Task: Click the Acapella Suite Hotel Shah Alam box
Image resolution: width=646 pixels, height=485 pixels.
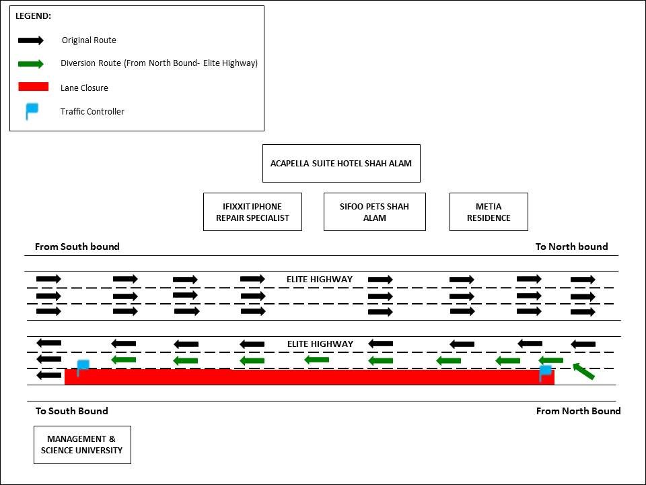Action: [341, 163]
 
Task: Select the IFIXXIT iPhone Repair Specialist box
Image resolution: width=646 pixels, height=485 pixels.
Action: [252, 212]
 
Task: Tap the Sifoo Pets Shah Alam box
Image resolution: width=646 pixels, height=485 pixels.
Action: [375, 212]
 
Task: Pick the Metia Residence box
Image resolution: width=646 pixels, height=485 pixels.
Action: [489, 212]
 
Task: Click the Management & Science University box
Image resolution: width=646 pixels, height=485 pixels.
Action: [82, 445]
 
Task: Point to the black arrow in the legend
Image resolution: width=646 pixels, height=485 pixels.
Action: [31, 40]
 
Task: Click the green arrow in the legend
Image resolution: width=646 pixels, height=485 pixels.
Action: [31, 64]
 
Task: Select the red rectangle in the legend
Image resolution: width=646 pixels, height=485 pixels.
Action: [33, 87]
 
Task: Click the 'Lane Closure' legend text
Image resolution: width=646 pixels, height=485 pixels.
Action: [84, 88]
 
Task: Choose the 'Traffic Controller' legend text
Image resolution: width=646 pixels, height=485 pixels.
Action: [92, 112]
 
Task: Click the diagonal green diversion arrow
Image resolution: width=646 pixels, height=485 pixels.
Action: [583, 370]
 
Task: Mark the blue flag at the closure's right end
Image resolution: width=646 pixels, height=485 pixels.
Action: [546, 373]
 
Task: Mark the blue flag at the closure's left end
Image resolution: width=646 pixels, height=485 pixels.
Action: [83, 367]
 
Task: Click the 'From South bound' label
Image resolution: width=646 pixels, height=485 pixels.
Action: [77, 247]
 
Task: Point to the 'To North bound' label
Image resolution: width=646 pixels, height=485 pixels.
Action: [571, 247]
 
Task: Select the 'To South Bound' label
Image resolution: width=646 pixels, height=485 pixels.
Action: [72, 411]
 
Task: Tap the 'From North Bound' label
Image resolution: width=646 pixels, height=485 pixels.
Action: [578, 411]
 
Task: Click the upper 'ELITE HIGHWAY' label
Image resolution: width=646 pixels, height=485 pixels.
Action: [320, 279]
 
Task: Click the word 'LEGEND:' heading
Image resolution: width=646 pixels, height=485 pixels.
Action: [33, 15]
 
